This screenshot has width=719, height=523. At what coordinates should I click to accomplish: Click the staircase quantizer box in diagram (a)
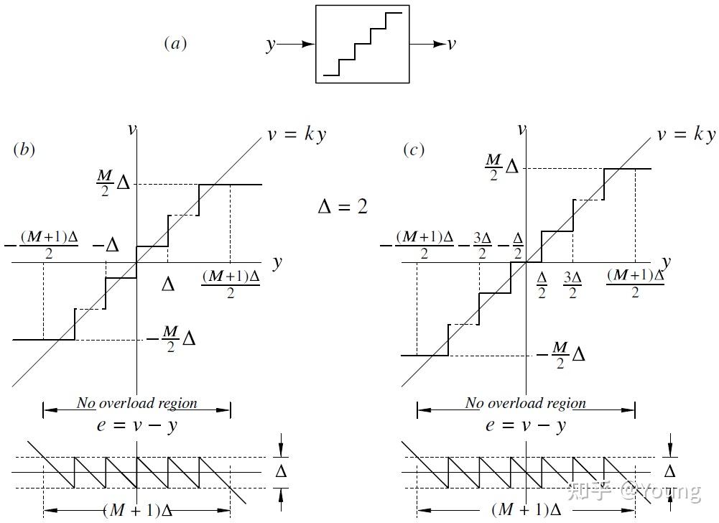click(363, 44)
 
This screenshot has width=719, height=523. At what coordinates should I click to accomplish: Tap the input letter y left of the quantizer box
click(271, 45)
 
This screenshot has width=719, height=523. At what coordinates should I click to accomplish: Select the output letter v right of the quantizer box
click(451, 44)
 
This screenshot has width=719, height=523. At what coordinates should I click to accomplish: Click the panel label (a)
click(175, 44)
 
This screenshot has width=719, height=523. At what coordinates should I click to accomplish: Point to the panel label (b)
click(24, 149)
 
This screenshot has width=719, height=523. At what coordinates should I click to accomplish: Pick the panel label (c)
click(414, 149)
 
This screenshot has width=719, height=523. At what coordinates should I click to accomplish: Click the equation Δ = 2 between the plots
click(343, 207)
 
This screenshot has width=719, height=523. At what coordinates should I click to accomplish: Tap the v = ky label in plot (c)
click(686, 134)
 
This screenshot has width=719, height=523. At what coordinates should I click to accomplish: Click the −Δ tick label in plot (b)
click(106, 245)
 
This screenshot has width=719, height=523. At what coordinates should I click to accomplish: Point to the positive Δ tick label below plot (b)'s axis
click(167, 284)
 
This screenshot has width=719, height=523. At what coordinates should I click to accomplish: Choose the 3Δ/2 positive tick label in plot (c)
click(572, 284)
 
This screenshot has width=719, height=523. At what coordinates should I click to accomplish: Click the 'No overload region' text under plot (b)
click(136, 403)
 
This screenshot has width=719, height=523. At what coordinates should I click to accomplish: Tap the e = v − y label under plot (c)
click(526, 425)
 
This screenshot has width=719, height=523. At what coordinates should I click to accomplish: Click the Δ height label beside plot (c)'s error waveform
click(669, 471)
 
